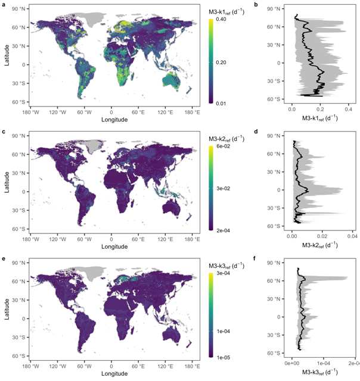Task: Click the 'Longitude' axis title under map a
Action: (x=110, y=118)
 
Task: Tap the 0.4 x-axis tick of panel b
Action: (x=348, y=110)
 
